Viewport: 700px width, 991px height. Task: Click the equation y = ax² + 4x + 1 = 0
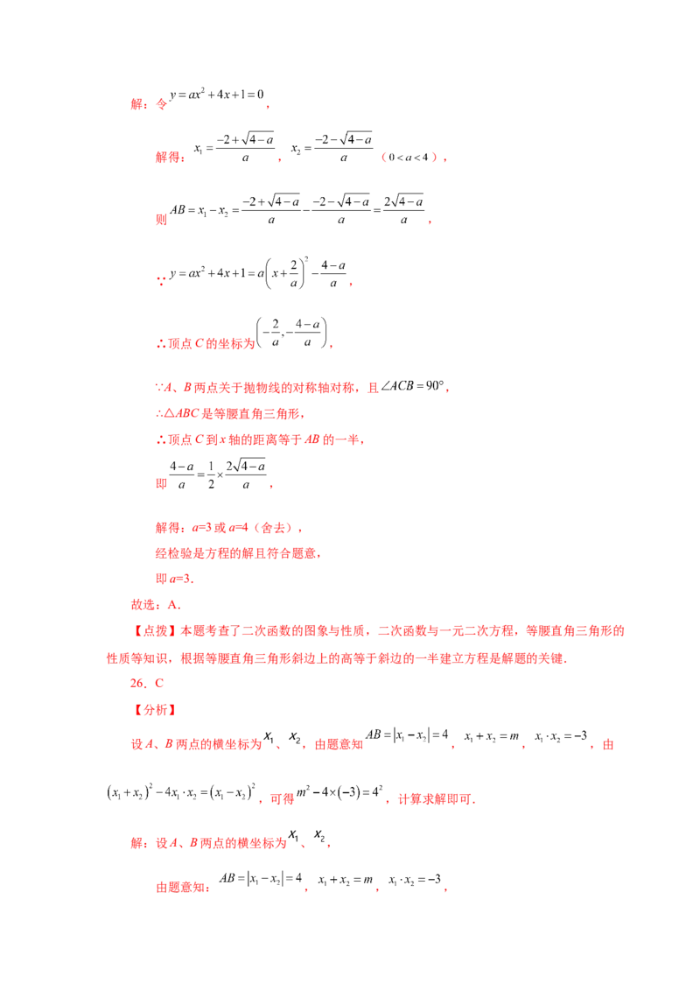click(216, 95)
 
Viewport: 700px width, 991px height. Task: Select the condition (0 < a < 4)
click(409, 158)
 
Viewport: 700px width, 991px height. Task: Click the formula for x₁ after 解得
click(234, 148)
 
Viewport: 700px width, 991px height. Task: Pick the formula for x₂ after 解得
click(332, 148)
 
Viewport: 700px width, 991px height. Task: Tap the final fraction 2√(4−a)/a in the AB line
click(403, 210)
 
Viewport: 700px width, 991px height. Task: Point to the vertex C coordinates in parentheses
click(291, 333)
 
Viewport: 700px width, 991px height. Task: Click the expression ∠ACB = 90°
click(412, 386)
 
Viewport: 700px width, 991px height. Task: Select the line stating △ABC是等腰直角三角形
click(230, 414)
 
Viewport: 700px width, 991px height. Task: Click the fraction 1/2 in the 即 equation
click(211, 475)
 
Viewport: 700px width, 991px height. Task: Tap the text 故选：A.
click(156, 605)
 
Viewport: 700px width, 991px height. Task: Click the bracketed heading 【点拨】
click(156, 630)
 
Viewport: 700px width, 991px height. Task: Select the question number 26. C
click(147, 683)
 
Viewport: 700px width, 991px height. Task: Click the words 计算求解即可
click(436, 799)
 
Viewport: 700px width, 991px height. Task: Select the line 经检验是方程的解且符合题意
click(237, 553)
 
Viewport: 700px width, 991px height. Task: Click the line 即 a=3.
click(174, 579)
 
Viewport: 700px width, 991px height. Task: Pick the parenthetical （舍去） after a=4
click(274, 528)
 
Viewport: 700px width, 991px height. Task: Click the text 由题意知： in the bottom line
click(183, 888)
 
